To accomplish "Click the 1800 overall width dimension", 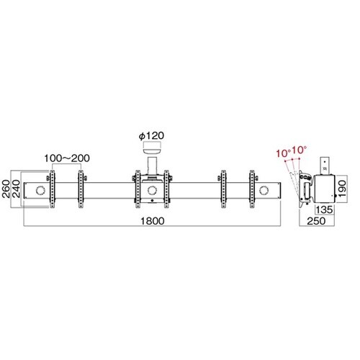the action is tap(153, 221).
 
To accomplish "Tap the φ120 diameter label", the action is tap(151, 136).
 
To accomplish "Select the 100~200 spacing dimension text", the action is tap(67, 158).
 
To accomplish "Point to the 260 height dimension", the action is tap(6, 189).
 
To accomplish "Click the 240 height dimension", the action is tap(16, 189).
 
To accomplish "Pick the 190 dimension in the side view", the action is tap(343, 189).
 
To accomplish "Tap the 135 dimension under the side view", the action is tap(324, 210).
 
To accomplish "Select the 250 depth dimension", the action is tap(316, 221).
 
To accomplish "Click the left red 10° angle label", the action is tap(284, 153).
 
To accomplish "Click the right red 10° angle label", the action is tap(300, 150).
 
